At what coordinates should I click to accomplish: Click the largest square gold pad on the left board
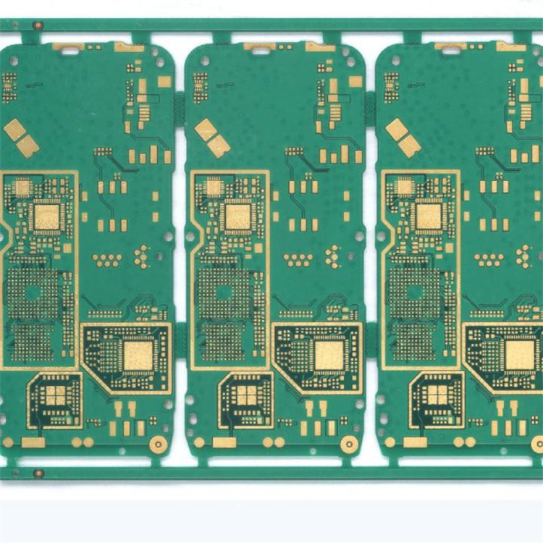pos(138,355)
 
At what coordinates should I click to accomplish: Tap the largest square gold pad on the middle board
pos(329,355)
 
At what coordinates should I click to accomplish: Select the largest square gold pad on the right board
pos(520,355)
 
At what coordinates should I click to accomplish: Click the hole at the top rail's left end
pos(38,25)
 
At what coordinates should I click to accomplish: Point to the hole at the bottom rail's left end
pos(38,473)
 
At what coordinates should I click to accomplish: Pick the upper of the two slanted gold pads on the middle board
pos(206,130)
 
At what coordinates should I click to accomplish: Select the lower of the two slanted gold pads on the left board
pos(28,146)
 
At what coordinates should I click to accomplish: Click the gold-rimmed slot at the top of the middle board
pos(259,47)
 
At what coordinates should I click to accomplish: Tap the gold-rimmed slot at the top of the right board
pos(450,47)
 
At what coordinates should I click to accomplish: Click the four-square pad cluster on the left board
pos(55,395)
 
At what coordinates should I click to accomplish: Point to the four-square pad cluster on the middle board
pos(246,395)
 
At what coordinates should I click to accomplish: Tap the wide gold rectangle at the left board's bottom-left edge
pos(33,442)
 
